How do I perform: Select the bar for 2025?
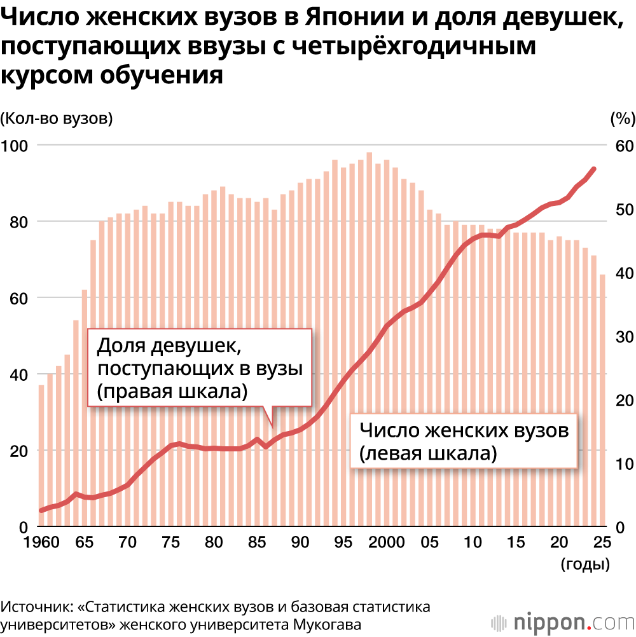(x=602, y=401)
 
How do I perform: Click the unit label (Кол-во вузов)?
(x=57, y=118)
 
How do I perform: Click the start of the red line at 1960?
(x=41, y=510)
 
